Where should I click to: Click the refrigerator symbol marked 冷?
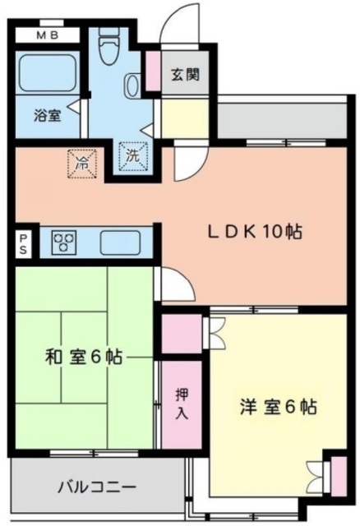(x=81, y=163)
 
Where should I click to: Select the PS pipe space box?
(x=24, y=243)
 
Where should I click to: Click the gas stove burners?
(x=64, y=242)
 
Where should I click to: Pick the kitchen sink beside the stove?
(x=120, y=242)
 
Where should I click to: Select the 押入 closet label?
(x=182, y=404)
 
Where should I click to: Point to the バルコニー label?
(x=96, y=487)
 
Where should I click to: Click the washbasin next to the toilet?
(x=133, y=85)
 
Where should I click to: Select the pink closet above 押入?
(x=182, y=333)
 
